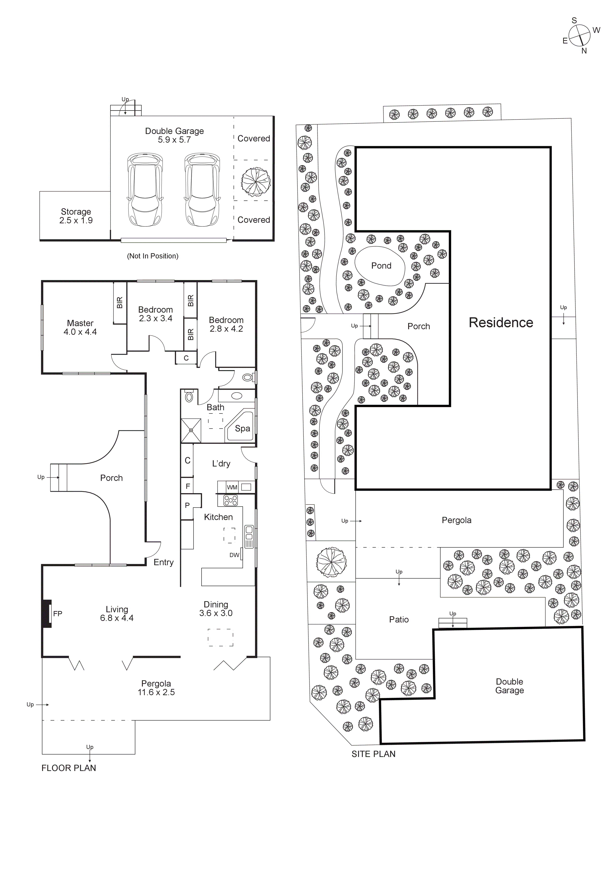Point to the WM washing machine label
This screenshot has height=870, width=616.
pyautogui.click(x=232, y=487)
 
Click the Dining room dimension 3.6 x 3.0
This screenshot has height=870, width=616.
pyautogui.click(x=216, y=613)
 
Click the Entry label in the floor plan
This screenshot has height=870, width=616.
pyautogui.click(x=163, y=562)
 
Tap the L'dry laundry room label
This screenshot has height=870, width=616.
pyautogui.click(x=221, y=463)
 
